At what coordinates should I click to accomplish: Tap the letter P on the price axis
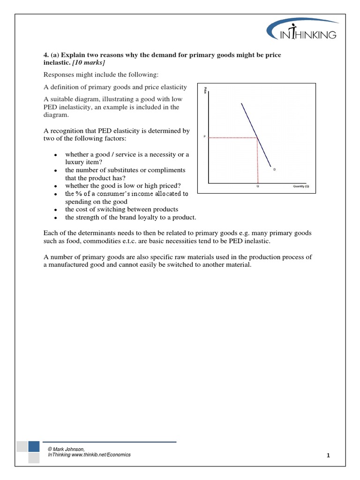(x=204, y=137)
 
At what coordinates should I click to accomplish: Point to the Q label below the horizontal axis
(x=257, y=186)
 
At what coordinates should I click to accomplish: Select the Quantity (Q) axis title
(x=301, y=186)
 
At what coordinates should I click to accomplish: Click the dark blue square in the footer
(x=34, y=446)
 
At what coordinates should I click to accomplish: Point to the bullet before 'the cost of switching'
(x=55, y=210)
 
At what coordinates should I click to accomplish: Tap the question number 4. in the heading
(x=46, y=55)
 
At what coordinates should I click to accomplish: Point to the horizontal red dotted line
(x=232, y=137)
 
